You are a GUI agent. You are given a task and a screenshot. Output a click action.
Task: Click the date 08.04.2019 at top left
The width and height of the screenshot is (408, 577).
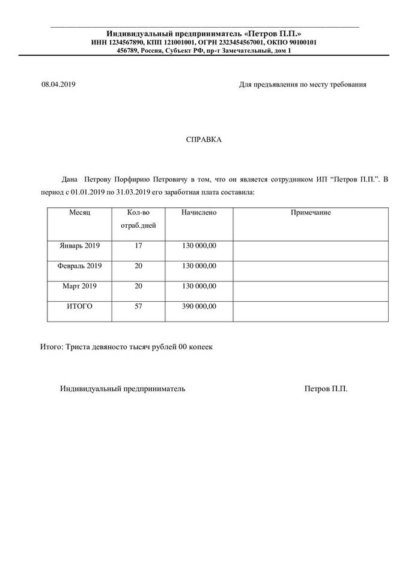click(58, 85)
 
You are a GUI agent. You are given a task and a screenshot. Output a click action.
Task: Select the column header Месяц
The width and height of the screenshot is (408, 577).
click(79, 213)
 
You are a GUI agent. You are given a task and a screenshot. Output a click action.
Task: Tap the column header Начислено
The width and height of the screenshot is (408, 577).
click(199, 213)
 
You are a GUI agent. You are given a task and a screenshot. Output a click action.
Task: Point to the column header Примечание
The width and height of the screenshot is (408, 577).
click(311, 213)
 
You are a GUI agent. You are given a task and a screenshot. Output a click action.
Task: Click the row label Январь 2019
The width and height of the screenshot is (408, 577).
click(79, 246)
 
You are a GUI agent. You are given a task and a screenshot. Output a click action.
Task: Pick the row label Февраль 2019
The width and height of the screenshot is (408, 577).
click(79, 266)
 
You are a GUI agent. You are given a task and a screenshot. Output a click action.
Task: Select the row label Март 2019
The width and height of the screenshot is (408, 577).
click(79, 285)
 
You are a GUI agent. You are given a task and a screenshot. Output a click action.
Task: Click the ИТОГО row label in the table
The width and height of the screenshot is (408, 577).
click(79, 306)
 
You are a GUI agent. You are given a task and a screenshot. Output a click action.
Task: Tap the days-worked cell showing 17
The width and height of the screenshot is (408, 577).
click(139, 246)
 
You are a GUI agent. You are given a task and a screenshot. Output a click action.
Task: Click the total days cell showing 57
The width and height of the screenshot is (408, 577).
click(139, 306)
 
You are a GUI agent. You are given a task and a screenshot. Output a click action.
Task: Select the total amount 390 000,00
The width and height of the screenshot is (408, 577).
click(199, 306)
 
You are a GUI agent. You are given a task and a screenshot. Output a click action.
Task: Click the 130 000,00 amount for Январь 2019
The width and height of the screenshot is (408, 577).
click(199, 246)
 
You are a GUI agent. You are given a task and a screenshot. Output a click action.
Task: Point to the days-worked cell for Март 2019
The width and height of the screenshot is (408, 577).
click(139, 285)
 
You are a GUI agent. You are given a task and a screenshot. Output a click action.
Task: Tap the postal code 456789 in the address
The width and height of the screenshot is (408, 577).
click(127, 51)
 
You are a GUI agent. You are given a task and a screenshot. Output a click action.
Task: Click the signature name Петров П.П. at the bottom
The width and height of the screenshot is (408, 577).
click(326, 389)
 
